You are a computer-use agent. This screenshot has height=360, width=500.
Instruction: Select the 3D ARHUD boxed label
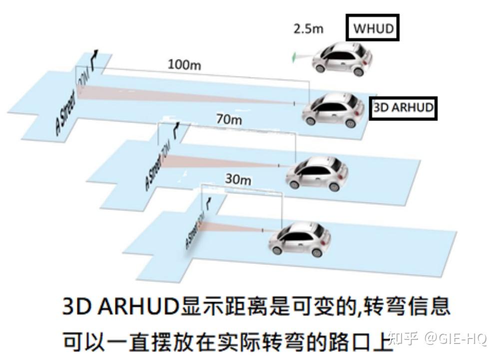point(403,107)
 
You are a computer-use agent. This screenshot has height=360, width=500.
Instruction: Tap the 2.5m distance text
point(308,28)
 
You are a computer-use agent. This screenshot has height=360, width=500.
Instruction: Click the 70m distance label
point(229,120)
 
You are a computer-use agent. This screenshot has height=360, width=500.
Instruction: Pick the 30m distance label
point(237,178)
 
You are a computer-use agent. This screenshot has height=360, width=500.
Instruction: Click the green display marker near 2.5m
point(294,57)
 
